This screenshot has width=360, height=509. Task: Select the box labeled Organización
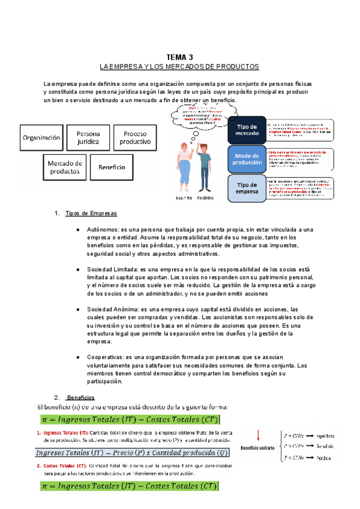click(x=42, y=137)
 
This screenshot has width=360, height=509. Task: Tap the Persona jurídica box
click(x=88, y=137)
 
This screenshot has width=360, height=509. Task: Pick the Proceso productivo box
click(x=136, y=137)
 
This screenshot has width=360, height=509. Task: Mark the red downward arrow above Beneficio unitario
click(x=258, y=436)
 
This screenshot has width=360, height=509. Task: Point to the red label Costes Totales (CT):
click(x=62, y=466)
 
